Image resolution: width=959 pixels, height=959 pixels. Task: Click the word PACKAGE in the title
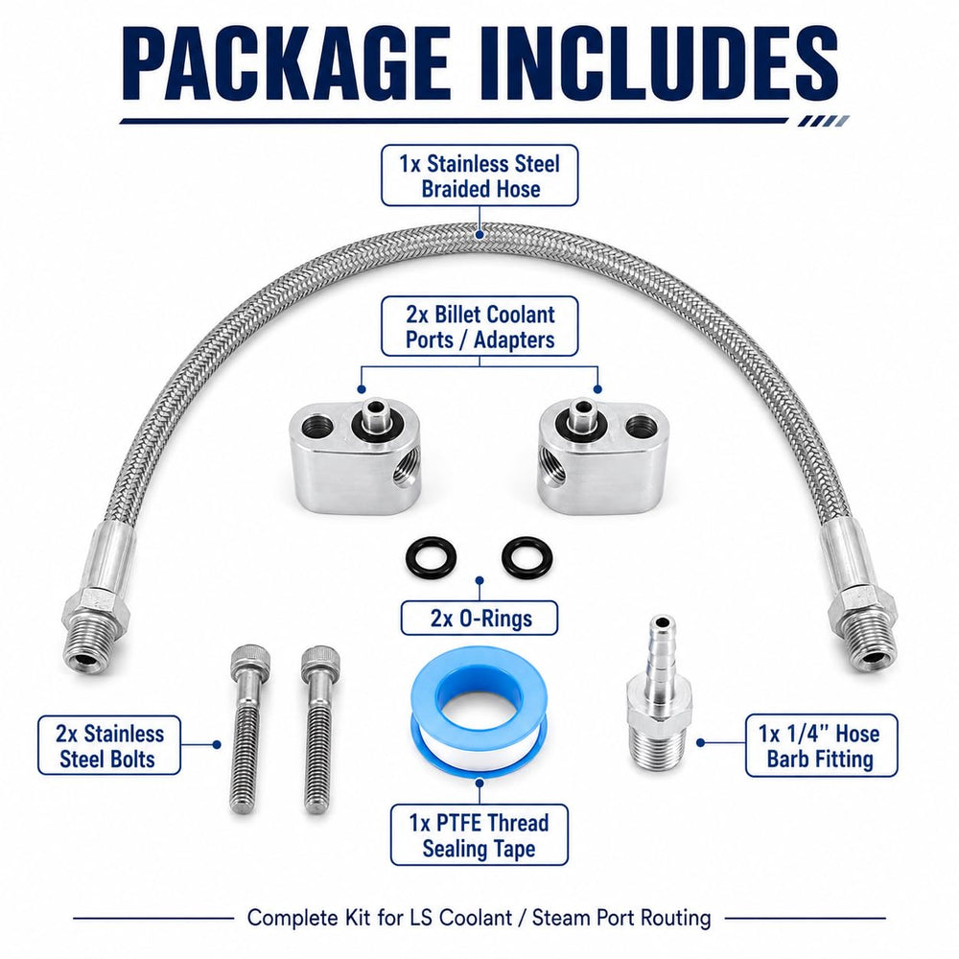click(286, 63)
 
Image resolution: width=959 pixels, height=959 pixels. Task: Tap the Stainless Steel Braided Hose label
click(479, 175)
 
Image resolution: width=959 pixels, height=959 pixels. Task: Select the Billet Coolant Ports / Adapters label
click(479, 327)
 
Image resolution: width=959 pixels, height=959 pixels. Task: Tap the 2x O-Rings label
click(479, 618)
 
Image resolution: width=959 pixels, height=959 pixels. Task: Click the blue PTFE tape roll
click(479, 721)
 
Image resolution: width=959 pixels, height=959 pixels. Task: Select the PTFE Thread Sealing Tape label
click(479, 835)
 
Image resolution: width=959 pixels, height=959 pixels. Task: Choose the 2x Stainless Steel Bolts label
click(109, 745)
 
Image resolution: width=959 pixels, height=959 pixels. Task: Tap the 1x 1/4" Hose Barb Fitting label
click(822, 745)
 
